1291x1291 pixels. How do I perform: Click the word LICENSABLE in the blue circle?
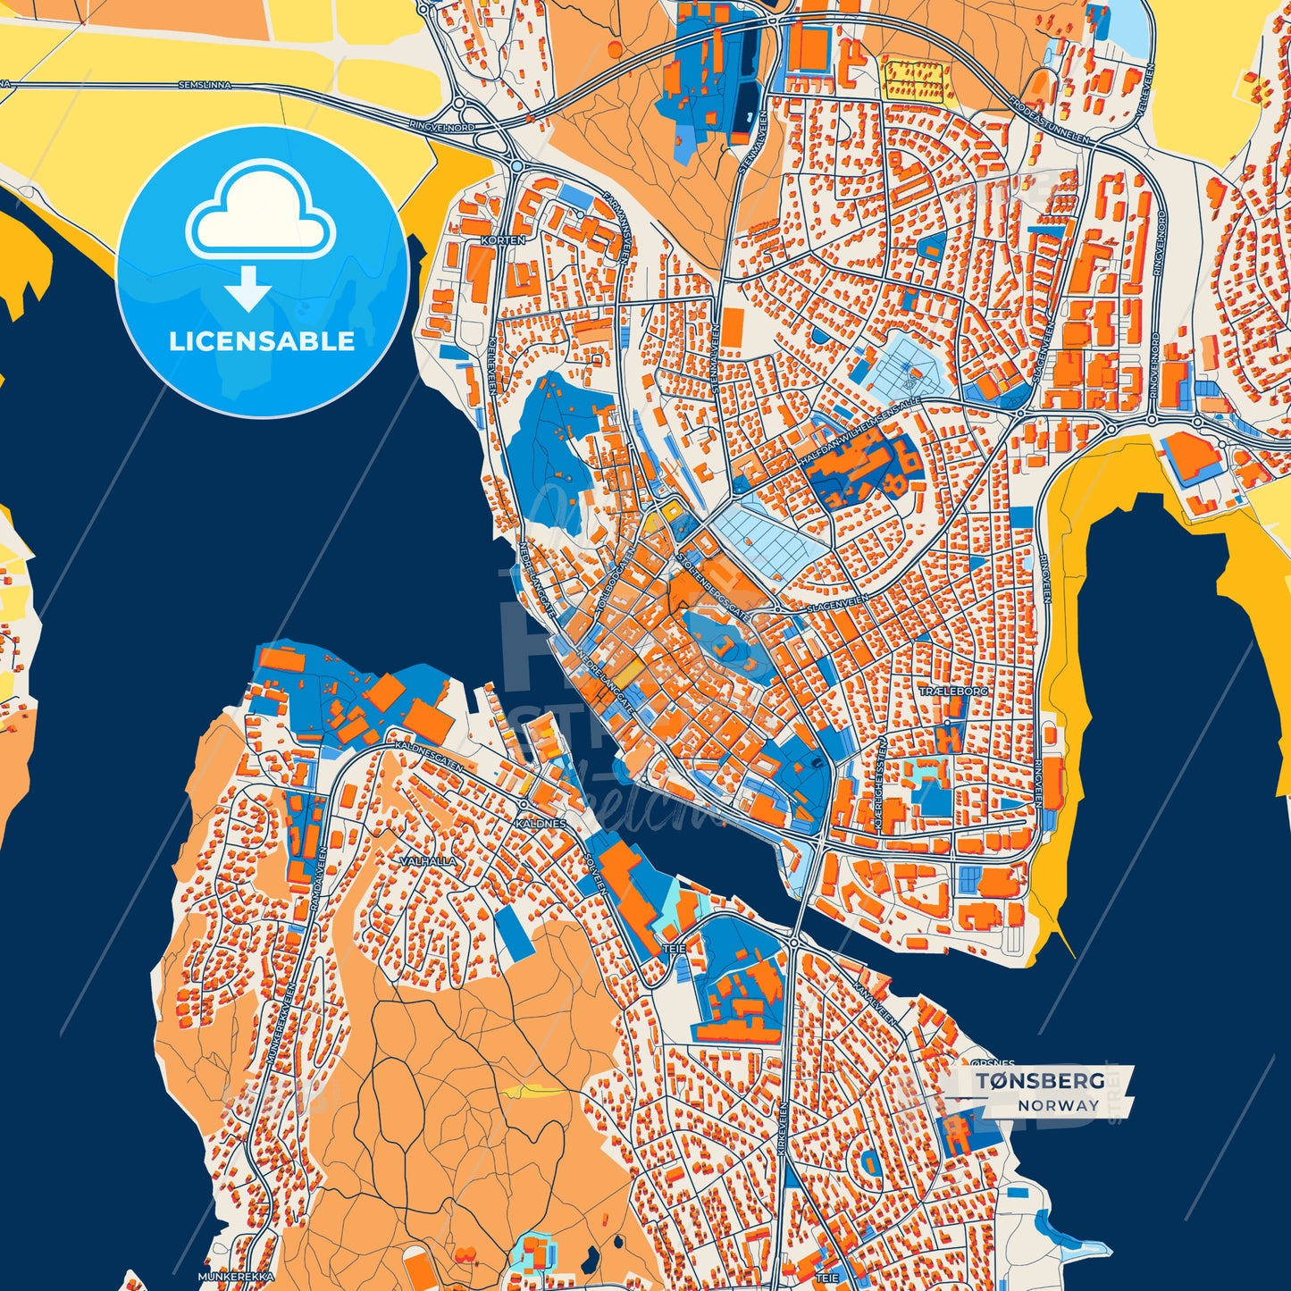pos(262,341)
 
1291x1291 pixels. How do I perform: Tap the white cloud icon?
pos(260,214)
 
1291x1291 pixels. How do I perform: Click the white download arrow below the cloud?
pos(247,289)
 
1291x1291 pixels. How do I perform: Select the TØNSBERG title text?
pos(1039,1081)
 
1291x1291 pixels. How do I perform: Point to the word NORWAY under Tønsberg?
pos(1058,1105)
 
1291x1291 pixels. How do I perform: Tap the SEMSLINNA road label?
pos(205,86)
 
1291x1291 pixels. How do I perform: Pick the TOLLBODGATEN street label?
pos(607,593)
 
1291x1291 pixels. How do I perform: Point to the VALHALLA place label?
pos(429,862)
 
